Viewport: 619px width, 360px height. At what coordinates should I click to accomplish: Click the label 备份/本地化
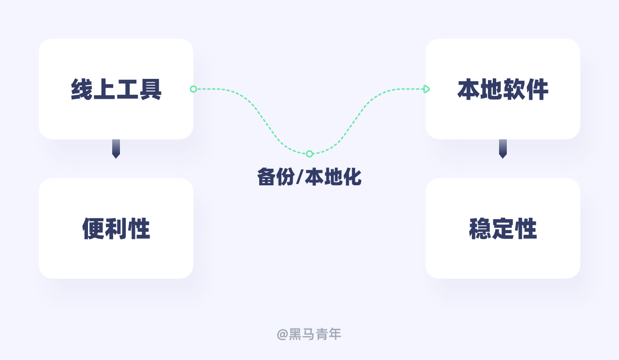(309, 177)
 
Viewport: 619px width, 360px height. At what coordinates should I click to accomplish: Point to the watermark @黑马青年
(309, 334)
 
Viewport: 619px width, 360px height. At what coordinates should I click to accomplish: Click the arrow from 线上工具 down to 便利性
(116, 149)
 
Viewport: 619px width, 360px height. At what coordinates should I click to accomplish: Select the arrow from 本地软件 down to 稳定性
(503, 149)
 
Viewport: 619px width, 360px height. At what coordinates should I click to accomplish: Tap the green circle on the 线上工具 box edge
(193, 89)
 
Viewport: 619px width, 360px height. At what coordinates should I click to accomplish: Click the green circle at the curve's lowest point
(309, 154)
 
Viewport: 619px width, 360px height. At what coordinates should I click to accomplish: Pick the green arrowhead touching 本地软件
(427, 89)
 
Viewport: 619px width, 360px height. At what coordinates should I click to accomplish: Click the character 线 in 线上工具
(81, 90)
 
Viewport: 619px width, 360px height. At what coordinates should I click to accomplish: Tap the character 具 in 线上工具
(150, 90)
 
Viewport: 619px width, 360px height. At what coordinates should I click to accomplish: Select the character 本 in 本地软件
(468, 90)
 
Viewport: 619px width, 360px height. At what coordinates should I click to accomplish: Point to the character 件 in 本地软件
(537, 90)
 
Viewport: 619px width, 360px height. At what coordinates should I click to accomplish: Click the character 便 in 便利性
(93, 229)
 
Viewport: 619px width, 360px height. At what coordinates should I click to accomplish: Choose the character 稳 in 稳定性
(480, 229)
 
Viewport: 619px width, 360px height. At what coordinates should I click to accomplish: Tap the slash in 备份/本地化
(299, 177)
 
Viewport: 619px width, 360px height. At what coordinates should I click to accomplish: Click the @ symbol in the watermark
(282, 334)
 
